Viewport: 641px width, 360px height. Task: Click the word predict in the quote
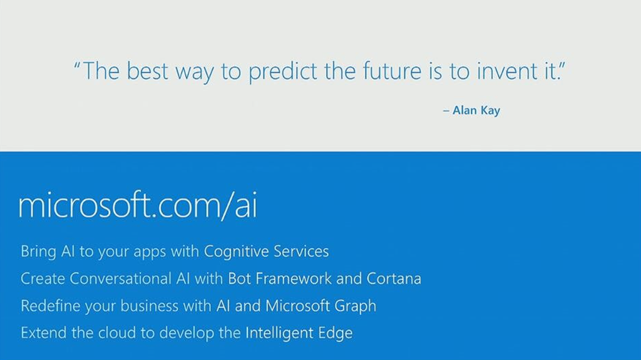point(283,72)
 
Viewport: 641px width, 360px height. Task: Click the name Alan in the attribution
point(464,110)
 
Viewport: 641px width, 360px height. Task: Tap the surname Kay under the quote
point(490,111)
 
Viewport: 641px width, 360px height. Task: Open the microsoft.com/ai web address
point(138,205)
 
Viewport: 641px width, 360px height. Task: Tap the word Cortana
point(394,279)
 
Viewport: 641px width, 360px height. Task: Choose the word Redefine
point(51,306)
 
